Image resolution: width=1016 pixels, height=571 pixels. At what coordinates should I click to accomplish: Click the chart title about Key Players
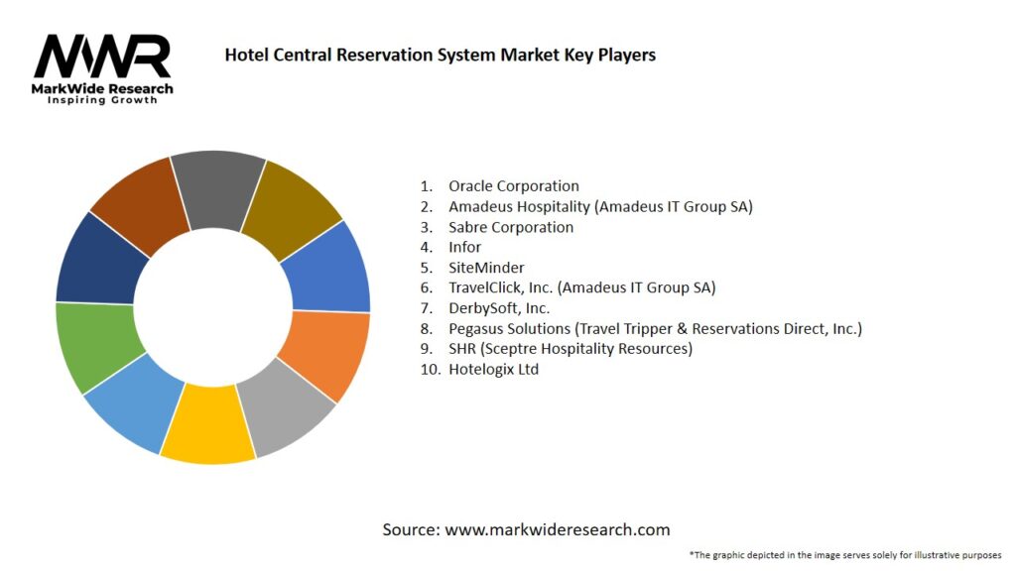pos(440,55)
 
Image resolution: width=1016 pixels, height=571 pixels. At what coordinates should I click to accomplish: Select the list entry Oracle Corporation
pos(513,185)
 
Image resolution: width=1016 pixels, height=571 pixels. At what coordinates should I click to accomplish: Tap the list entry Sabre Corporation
pos(510,227)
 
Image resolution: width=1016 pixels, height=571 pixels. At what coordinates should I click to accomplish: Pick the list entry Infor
pos(464,247)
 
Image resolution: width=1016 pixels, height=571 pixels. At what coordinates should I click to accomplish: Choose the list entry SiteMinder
pos(486,268)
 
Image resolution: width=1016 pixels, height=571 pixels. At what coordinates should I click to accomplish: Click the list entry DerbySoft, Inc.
pos(499,308)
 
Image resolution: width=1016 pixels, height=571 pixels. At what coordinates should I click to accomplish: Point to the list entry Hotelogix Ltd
pos(493,370)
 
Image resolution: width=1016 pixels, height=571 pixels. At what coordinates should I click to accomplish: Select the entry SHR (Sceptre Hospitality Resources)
pos(570,349)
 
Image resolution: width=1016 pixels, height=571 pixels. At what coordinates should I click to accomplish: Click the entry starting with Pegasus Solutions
pos(655,328)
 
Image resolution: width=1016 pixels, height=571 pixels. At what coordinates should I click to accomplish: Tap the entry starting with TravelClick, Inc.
pos(581,287)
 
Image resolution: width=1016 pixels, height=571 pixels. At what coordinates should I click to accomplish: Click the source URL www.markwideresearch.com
pos(557,529)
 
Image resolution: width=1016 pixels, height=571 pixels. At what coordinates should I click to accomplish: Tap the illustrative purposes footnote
pos(844,554)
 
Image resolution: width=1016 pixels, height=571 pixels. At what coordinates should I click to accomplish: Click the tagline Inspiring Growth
pos(102,100)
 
